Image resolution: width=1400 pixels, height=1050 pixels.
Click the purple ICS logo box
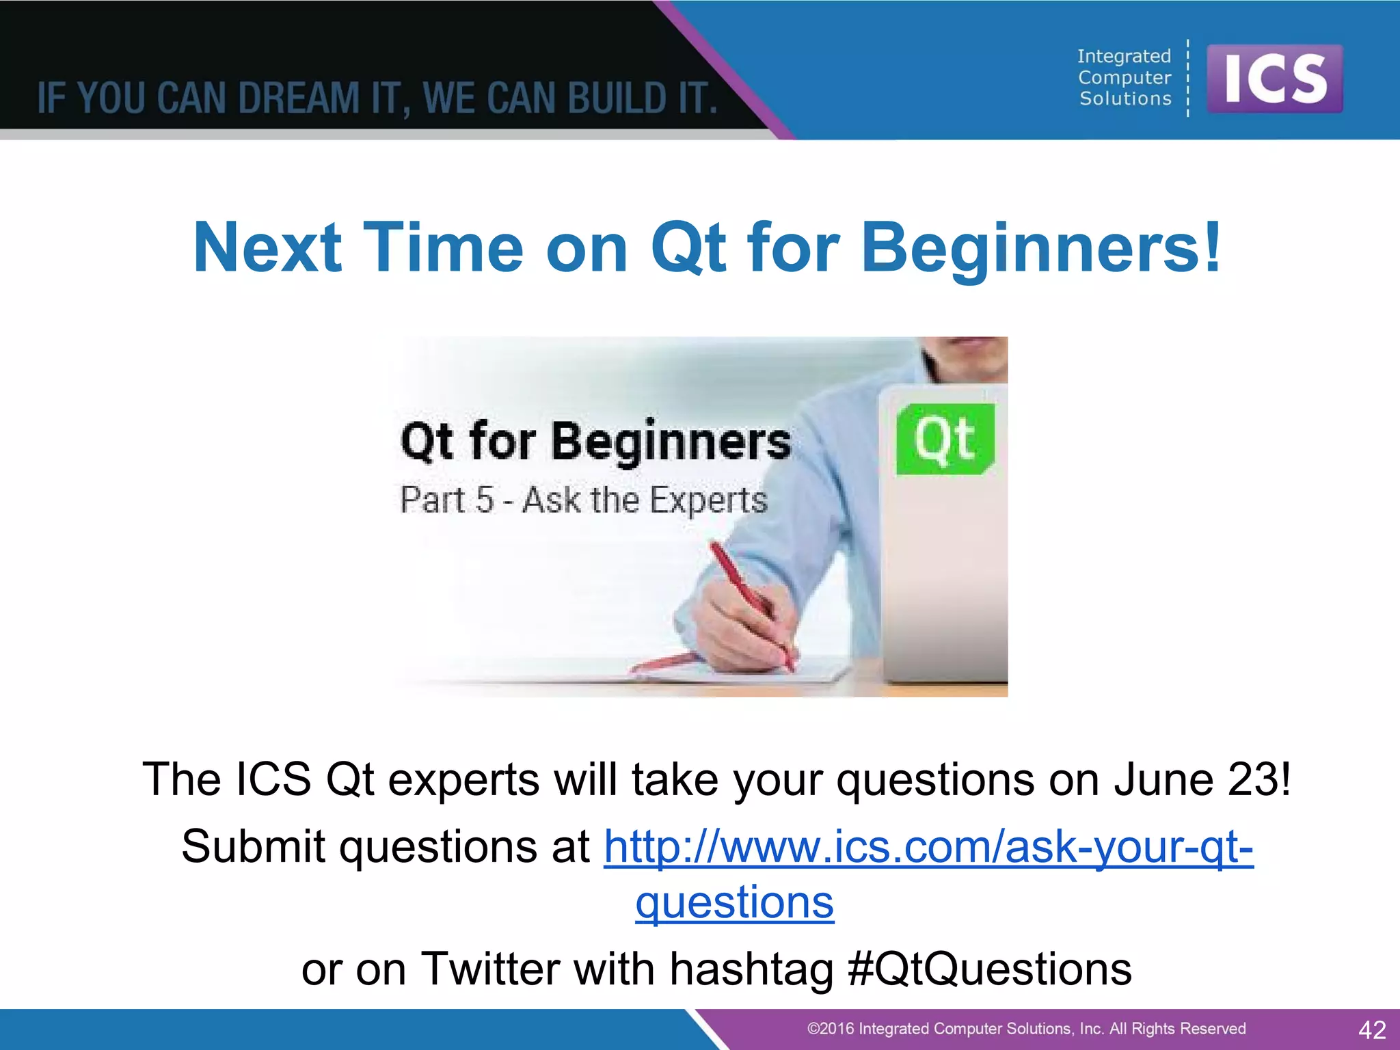1274,79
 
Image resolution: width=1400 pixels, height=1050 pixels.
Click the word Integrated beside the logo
1124,56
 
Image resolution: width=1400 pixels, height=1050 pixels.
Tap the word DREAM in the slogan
299,98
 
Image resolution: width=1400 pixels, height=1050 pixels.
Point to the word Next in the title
267,247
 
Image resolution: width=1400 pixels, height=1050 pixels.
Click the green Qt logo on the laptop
945,439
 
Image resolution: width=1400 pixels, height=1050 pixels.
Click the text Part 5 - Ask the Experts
583,500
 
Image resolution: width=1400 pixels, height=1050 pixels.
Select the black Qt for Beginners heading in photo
595,441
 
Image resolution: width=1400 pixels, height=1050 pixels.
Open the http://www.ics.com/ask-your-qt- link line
928,847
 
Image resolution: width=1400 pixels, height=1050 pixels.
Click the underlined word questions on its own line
734,902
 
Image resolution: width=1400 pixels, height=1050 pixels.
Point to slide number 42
1372,1029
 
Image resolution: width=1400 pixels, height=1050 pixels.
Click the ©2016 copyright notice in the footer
1025,1029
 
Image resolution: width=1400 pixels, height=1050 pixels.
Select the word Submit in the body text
253,847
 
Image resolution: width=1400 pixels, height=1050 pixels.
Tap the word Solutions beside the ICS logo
1125,99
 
